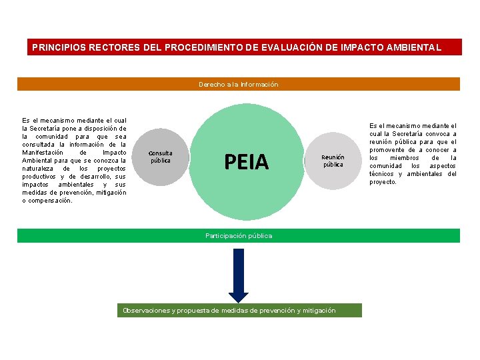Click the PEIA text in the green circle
247,162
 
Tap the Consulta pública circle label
160,157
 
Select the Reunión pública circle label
333,161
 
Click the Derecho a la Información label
238,85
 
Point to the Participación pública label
239,236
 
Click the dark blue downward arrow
238,273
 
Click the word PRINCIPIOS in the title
59,48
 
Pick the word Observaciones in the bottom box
145,311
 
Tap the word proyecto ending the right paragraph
383,182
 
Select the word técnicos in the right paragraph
382,174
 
